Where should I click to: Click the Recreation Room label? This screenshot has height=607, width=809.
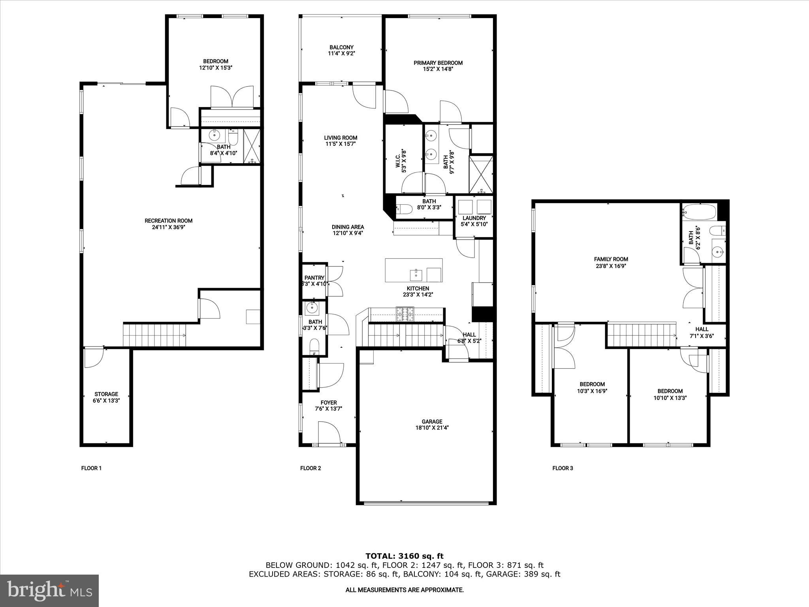[168, 221]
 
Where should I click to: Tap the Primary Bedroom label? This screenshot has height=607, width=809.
[438, 63]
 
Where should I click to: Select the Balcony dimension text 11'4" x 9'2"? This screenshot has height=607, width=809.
[341, 53]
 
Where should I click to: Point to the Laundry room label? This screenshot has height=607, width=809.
[474, 218]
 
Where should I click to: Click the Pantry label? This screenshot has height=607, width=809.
[314, 278]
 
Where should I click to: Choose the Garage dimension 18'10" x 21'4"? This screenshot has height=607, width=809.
[432, 428]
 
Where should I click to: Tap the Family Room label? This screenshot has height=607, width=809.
[611, 259]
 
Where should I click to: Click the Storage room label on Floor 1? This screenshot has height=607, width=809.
[106, 394]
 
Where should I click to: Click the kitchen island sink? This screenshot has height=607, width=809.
[416, 274]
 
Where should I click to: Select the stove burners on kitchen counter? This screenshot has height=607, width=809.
[405, 314]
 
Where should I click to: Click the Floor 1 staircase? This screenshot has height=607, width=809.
[154, 335]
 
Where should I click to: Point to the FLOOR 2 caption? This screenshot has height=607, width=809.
[310, 468]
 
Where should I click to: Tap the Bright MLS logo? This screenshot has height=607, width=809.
[49, 590]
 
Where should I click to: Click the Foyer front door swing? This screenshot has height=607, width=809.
[329, 432]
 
